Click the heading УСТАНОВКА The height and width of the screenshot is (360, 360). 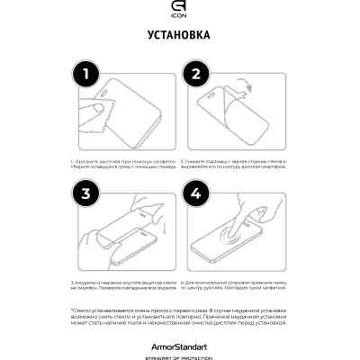point(179,36)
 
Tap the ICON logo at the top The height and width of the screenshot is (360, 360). point(179,12)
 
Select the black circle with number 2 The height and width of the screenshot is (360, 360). point(197,76)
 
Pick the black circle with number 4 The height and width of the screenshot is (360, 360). point(197,193)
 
